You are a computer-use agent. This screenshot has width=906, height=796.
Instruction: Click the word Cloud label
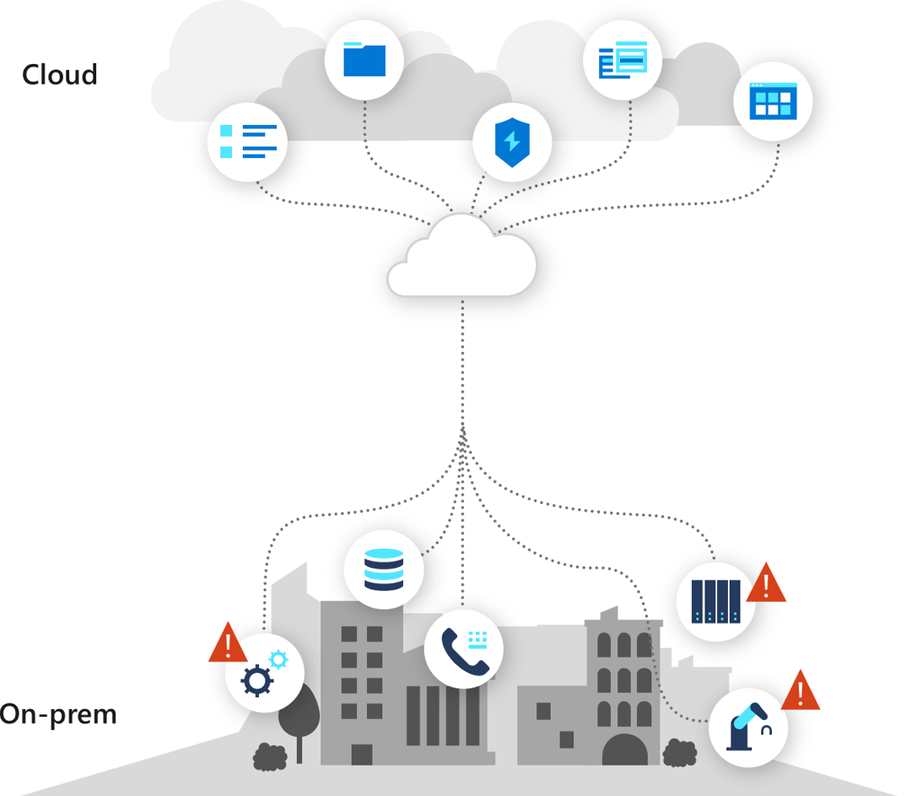60,74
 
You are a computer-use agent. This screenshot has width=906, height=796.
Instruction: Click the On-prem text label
57,715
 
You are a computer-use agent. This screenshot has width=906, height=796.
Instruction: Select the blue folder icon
364,60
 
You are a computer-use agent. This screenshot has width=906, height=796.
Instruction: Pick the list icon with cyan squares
248,141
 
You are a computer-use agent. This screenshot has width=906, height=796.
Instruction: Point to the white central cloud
462,258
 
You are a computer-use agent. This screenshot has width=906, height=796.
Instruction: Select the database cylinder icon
384,569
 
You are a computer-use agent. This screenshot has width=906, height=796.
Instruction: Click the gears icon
264,672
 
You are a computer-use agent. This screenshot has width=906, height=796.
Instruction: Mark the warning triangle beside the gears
227,643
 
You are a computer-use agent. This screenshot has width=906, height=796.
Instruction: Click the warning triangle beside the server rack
766,583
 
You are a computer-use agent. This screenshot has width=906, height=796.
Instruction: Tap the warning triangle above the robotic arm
800,691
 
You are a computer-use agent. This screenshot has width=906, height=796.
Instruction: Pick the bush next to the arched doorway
679,751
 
